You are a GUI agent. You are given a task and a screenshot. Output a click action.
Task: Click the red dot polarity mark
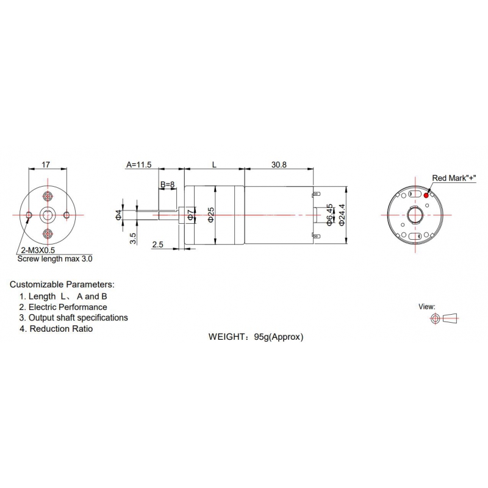[426, 195]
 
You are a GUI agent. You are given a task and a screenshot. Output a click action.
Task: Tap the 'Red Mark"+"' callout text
[454, 178]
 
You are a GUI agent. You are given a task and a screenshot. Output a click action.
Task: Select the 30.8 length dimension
[279, 165]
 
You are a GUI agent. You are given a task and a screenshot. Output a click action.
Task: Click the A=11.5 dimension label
[139, 165]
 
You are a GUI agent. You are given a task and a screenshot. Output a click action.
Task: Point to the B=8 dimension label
[167, 185]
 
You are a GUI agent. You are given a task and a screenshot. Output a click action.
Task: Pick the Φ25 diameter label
[210, 215]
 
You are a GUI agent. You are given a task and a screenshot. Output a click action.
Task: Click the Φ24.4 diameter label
[342, 215]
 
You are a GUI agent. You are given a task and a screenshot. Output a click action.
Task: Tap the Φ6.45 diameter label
[329, 215]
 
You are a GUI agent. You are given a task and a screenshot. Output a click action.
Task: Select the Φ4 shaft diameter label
[118, 215]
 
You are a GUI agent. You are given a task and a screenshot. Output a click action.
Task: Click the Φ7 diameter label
[190, 215]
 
